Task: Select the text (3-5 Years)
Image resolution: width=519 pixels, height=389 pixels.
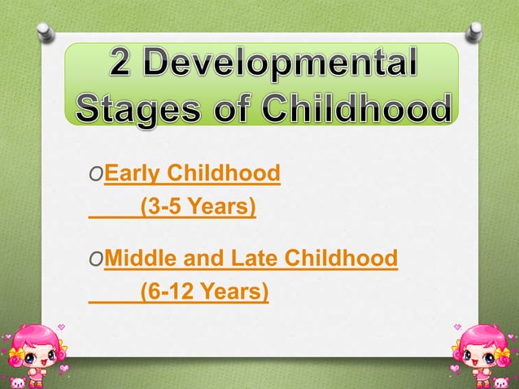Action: [x=198, y=208]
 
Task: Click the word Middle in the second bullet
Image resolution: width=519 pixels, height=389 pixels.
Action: [x=138, y=259]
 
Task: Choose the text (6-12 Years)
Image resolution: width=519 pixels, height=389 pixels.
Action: [x=203, y=290]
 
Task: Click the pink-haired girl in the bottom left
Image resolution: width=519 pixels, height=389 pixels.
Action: [x=36, y=350]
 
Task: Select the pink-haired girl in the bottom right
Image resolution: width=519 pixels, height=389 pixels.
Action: [x=482, y=350]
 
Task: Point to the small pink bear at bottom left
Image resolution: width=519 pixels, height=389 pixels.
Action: [x=15, y=382]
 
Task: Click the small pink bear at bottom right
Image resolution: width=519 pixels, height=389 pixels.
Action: [x=504, y=382]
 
